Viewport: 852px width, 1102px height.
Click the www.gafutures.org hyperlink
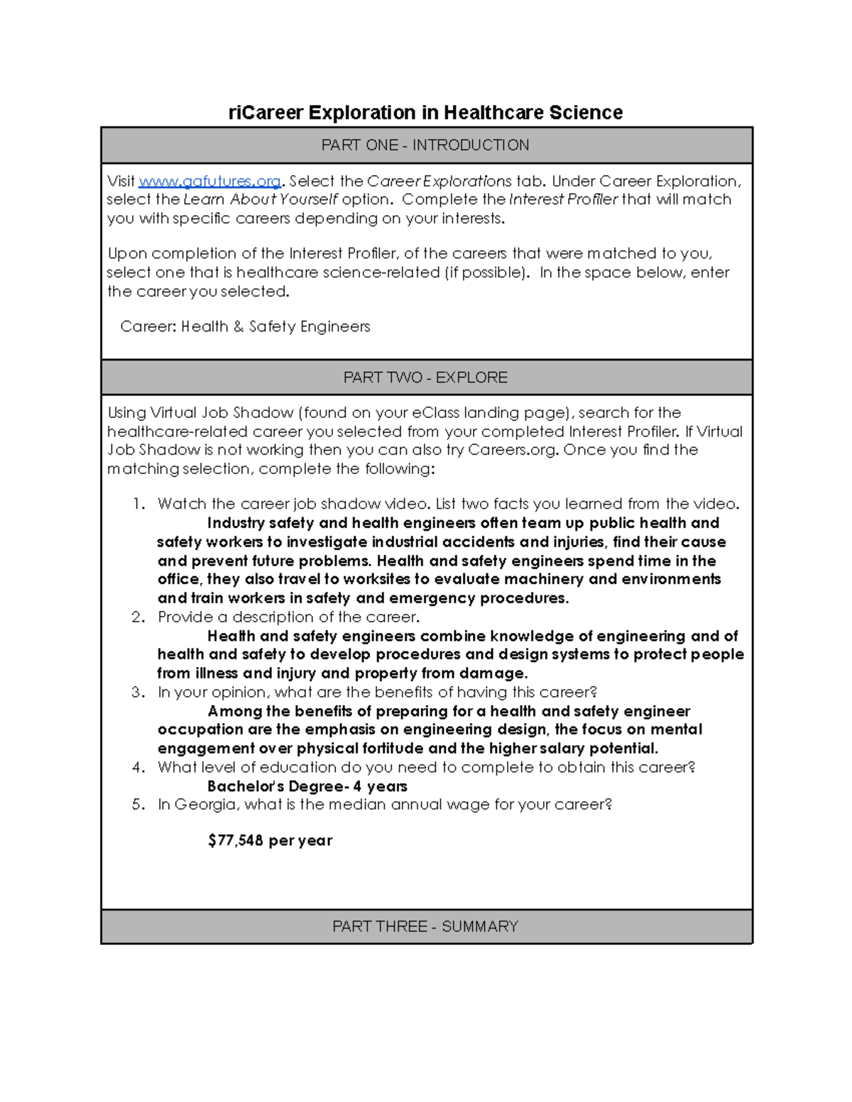click(x=209, y=182)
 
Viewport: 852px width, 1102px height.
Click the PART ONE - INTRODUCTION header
click(x=425, y=145)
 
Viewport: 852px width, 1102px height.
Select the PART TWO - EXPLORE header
click(x=425, y=378)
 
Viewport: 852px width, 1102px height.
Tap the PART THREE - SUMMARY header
click(x=425, y=927)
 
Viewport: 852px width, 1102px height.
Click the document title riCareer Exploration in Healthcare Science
click(x=425, y=113)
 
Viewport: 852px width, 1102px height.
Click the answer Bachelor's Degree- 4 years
click(x=307, y=786)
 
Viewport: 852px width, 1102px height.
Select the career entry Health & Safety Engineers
click(x=275, y=327)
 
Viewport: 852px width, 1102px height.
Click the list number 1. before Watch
click(x=139, y=505)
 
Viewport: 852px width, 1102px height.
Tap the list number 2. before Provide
click(x=138, y=617)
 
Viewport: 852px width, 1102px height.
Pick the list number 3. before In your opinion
click(x=138, y=693)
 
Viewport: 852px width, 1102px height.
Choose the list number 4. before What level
click(x=138, y=768)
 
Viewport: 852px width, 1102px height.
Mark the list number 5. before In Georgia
click(x=138, y=805)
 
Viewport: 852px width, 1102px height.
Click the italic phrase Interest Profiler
click(x=564, y=199)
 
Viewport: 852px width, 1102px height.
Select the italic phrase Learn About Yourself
click(x=261, y=199)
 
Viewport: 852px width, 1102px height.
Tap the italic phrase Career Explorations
click(x=439, y=182)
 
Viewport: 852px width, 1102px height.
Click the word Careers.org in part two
click(x=512, y=450)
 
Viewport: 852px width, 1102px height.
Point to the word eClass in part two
click(x=435, y=413)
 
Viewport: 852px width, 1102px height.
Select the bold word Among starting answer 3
click(x=234, y=712)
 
